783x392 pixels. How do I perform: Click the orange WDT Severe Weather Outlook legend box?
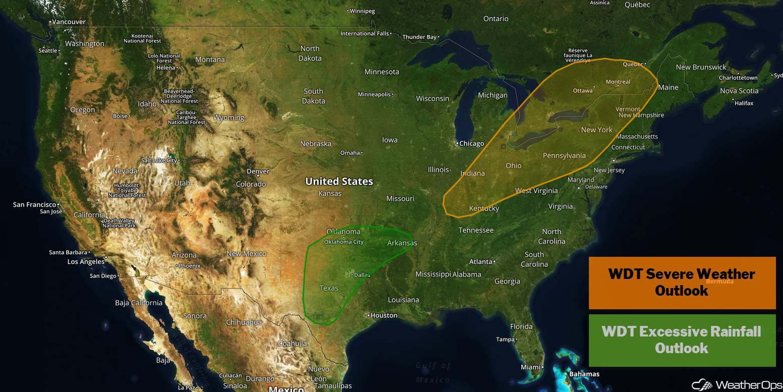tap(682, 283)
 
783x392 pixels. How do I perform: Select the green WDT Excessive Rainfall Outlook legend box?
tap(682, 340)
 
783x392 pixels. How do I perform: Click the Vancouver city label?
tap(69, 22)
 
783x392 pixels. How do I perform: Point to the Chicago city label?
tap(471, 144)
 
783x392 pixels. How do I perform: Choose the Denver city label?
tap(258, 172)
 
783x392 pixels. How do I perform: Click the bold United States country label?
tap(339, 182)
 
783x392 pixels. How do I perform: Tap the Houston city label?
tap(384, 315)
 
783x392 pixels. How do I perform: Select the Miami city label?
tap(531, 367)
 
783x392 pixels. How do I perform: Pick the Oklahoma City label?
tap(344, 242)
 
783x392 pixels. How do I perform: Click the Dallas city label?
tap(362, 275)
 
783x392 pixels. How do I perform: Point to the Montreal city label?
tap(618, 82)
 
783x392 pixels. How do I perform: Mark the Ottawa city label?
tap(583, 91)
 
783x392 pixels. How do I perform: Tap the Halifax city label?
tap(744, 103)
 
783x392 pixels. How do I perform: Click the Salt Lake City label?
tap(159, 160)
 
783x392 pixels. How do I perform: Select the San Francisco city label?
tap(35, 205)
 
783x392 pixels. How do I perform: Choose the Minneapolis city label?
tap(374, 94)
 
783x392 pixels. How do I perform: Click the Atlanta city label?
tap(480, 262)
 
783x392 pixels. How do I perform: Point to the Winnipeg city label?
tap(362, 11)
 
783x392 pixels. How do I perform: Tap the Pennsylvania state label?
tap(564, 156)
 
